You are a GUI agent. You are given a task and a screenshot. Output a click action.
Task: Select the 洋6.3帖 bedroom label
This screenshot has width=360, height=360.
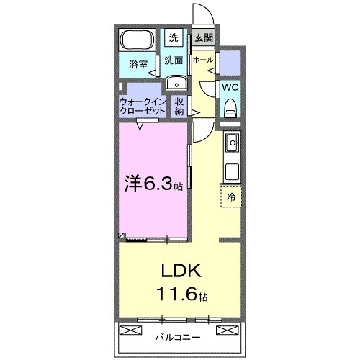tap(153, 184)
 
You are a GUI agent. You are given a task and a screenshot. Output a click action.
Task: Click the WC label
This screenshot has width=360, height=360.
tap(230, 87)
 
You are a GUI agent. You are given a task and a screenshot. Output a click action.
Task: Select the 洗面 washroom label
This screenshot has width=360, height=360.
tap(174, 60)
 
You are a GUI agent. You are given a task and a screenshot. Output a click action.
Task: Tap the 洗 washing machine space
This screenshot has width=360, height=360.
tap(174, 38)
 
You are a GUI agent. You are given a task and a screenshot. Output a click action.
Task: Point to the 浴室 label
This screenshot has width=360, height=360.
tap(138, 65)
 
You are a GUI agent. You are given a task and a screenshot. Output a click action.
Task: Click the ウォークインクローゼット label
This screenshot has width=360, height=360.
tap(143, 107)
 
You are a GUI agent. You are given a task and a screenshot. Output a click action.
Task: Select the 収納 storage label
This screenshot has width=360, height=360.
tap(179, 107)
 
